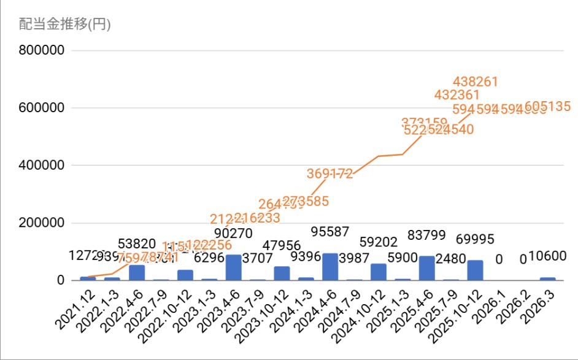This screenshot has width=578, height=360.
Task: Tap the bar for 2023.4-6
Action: [x=233, y=267]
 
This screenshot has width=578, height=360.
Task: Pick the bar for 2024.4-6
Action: [x=330, y=267]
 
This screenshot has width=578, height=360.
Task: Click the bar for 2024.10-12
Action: [x=379, y=272]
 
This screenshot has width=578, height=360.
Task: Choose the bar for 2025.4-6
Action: [x=426, y=268]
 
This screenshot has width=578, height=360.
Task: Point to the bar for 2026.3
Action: [x=547, y=278]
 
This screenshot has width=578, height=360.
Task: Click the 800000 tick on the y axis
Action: [x=42, y=51]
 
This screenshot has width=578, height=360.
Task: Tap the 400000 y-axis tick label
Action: [x=42, y=166]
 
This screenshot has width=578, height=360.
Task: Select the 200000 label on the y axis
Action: [x=42, y=223]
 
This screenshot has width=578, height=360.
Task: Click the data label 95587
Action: [x=329, y=232]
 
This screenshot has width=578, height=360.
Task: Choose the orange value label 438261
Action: [x=475, y=82]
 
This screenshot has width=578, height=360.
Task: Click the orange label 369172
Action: [x=330, y=174]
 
